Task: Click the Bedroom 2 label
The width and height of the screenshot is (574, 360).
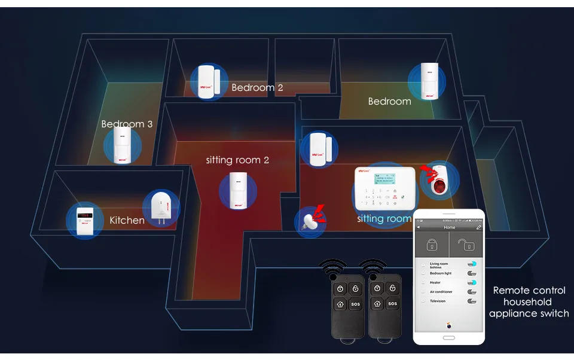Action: coord(257,87)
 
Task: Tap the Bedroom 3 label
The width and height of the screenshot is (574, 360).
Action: coord(127,124)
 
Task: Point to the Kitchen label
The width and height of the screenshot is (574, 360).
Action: coord(127,220)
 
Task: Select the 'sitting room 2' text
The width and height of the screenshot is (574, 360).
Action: coord(237,160)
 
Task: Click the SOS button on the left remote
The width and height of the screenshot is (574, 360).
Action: coord(356,304)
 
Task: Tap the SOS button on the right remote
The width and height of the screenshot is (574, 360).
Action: coord(392,304)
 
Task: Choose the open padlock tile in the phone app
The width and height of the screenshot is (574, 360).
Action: coord(465,245)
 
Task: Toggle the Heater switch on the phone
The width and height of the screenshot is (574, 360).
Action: coord(473,282)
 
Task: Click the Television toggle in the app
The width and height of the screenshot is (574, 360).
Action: coord(473,301)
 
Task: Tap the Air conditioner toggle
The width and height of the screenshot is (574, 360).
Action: coord(473,292)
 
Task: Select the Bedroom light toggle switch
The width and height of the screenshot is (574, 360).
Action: coord(473,273)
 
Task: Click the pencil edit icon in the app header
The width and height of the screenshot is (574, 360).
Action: coord(478,227)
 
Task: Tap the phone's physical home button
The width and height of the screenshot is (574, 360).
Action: coord(448,338)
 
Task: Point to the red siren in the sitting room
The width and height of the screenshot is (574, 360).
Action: coord(436,179)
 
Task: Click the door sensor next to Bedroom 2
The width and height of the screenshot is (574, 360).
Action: coord(209,82)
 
